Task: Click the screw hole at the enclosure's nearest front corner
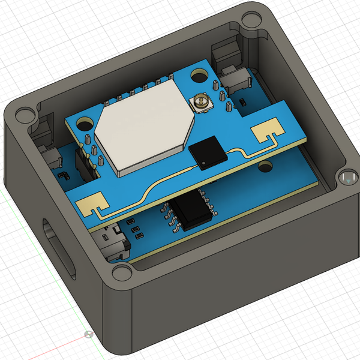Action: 122,272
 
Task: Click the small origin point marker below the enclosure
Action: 88,334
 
